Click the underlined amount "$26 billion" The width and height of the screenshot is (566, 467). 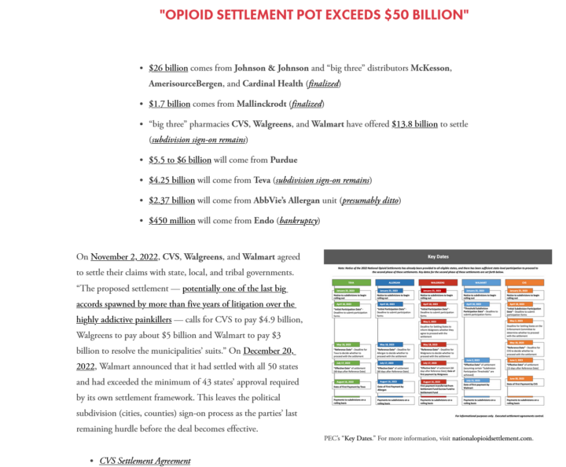pyautogui.click(x=168, y=68)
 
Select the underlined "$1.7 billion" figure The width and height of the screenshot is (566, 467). pyautogui.click(x=170, y=104)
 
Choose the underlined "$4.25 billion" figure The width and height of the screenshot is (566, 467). pyautogui.click(x=171, y=180)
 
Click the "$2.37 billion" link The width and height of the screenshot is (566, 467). pyautogui.click(x=171, y=200)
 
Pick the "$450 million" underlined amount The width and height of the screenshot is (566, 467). pyautogui.click(x=172, y=220)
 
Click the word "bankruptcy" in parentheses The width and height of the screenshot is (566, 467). pyautogui.click(x=299, y=220)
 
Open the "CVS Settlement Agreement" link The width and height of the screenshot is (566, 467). pyautogui.click(x=145, y=461)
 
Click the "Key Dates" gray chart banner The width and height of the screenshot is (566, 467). pyautogui.click(x=437, y=257)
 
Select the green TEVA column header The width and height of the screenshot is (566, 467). pyautogui.click(x=350, y=281)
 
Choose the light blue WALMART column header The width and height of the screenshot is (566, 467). pyautogui.click(x=483, y=281)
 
